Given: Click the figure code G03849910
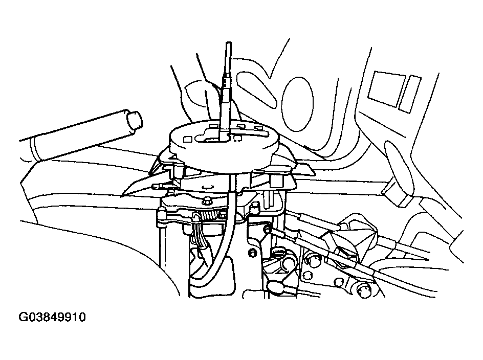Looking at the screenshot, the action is coord(52,317).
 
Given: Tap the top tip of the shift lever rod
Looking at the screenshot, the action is coord(228,42).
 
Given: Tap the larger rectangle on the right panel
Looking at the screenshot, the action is coord(387,88).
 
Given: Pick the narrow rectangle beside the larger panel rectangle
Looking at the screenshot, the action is coord(410,93).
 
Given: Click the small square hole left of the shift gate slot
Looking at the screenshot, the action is coord(187,140).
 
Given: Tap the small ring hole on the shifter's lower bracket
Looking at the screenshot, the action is coord(252,253).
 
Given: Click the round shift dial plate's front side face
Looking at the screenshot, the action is coord(224,157).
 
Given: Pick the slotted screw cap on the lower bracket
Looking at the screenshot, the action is coord(279,252).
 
